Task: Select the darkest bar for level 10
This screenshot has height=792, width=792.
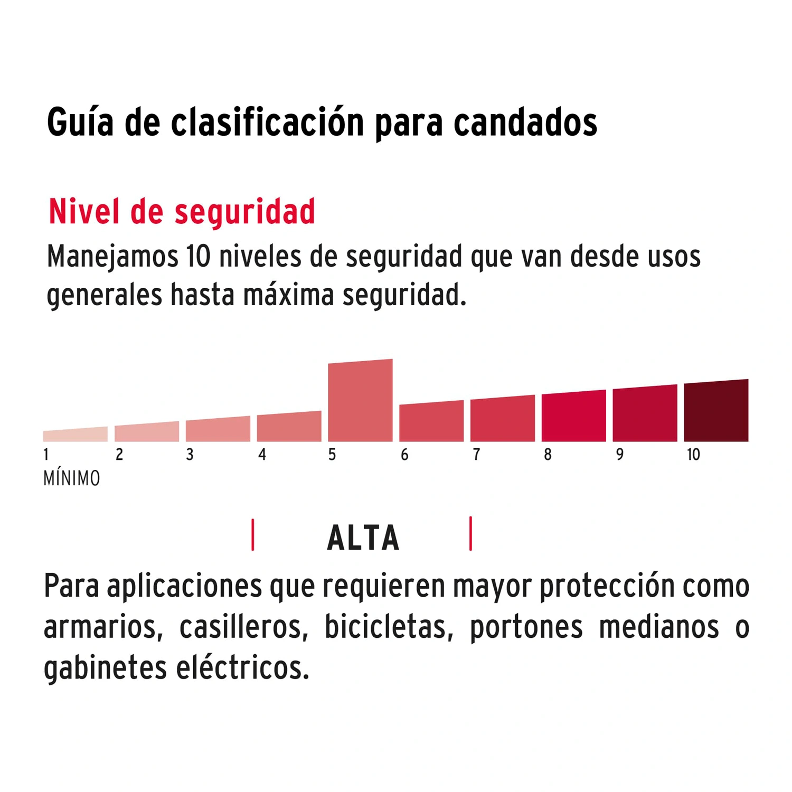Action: pyautogui.click(x=716, y=411)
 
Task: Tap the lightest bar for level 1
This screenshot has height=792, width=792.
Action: pyautogui.click(x=76, y=435)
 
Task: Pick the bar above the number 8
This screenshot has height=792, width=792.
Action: pyautogui.click(x=573, y=416)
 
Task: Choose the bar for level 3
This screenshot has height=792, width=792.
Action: pyautogui.click(x=218, y=429)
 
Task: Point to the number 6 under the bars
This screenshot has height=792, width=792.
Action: pyautogui.click(x=404, y=455)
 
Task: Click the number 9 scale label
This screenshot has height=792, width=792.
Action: pyautogui.click(x=619, y=455)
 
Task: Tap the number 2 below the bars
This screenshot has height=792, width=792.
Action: pyautogui.click(x=119, y=455)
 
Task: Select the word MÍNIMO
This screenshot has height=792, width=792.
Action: pyautogui.click(x=72, y=478)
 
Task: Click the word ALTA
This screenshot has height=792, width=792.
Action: pyautogui.click(x=363, y=538)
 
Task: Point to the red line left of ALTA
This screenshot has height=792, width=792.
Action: pyautogui.click(x=253, y=535)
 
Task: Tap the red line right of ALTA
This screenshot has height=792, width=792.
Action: pyautogui.click(x=470, y=534)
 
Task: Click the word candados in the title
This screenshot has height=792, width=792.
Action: pyautogui.click(x=525, y=122)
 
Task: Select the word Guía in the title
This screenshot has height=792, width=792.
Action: pyautogui.click(x=80, y=122)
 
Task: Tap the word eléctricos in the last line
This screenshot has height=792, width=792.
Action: pyautogui.click(x=242, y=667)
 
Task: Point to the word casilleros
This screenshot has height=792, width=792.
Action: pyautogui.click(x=243, y=627)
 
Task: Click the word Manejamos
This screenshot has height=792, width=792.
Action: pyautogui.click(x=112, y=257)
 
